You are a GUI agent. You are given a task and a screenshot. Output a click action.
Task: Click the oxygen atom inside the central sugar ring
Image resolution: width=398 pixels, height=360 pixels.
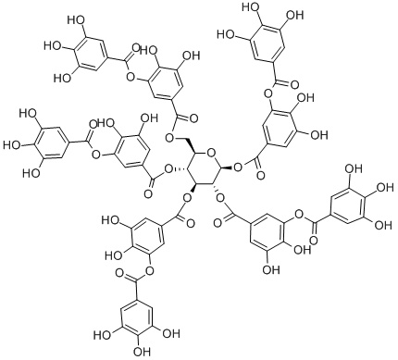[212, 153]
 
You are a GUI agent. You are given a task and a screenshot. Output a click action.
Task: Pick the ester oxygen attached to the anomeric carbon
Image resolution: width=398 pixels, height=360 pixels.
[238, 168]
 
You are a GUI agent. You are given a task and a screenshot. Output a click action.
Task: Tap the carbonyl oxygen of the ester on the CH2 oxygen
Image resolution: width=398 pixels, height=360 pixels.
[193, 118]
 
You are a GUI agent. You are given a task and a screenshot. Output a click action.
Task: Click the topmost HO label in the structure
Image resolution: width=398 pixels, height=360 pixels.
[249, 6]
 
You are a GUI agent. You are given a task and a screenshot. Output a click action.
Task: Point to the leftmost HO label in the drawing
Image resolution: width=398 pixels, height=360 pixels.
[12, 144]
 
